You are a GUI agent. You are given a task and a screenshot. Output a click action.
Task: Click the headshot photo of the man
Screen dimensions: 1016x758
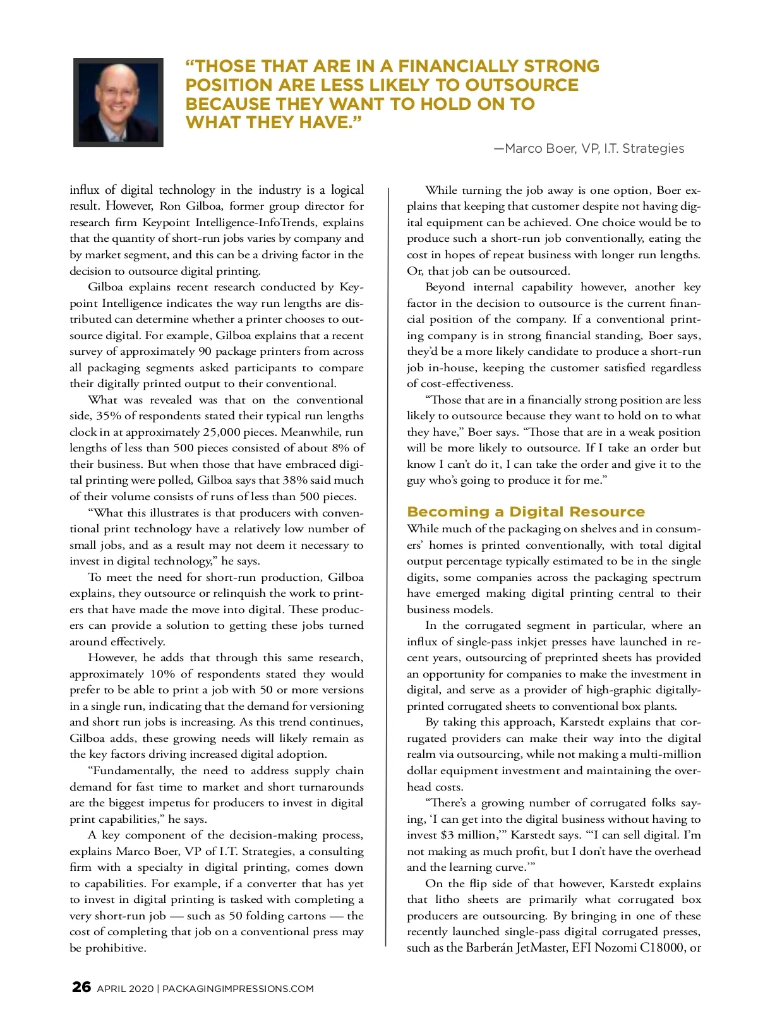pos(118,102)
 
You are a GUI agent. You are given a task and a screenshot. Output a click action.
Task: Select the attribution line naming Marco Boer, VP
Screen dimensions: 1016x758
pos(589,148)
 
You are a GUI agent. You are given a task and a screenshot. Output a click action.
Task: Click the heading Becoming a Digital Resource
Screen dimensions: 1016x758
pos(526,511)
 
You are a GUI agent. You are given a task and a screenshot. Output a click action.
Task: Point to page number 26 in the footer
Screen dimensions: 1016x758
pos(81,988)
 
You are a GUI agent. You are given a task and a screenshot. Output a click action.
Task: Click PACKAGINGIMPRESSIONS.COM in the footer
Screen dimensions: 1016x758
pos(238,989)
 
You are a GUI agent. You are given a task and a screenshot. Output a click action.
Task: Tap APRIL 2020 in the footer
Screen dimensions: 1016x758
pos(125,989)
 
